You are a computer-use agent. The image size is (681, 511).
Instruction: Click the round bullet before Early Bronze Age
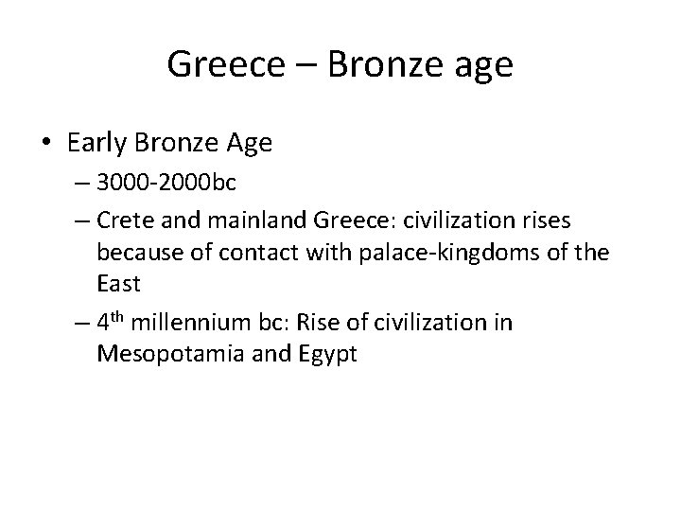click(48, 144)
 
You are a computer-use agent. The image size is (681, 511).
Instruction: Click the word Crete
click(122, 220)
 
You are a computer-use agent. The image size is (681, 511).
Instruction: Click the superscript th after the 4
click(117, 317)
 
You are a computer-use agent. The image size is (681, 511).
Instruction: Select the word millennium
click(183, 323)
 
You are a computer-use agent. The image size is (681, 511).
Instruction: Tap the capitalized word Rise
click(316, 323)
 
